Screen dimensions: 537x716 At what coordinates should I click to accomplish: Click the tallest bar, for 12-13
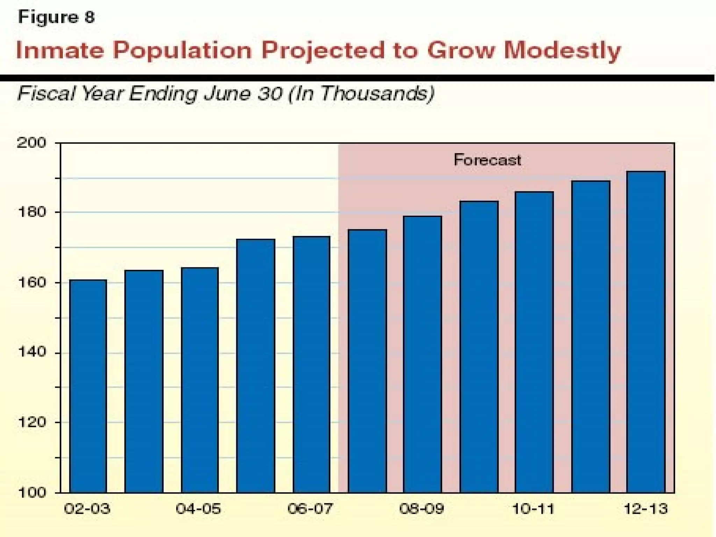[646, 332]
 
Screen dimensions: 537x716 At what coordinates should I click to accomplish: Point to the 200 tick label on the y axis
[31, 143]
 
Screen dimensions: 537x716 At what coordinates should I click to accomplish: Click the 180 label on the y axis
[31, 212]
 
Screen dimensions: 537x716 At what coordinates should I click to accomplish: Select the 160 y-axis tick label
[31, 282]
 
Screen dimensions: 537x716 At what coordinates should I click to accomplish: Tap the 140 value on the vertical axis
[31, 352]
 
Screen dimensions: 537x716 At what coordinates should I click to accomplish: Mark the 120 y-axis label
[31, 422]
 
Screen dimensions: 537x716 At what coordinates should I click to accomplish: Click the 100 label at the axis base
[31, 493]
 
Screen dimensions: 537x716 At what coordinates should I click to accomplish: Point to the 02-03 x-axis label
[87, 509]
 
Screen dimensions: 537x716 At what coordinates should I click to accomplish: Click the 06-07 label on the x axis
[310, 509]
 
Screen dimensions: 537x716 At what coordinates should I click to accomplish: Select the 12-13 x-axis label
[646, 509]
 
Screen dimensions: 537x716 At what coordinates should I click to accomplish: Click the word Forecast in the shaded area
[487, 160]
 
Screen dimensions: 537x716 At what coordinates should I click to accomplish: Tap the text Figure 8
[56, 17]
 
